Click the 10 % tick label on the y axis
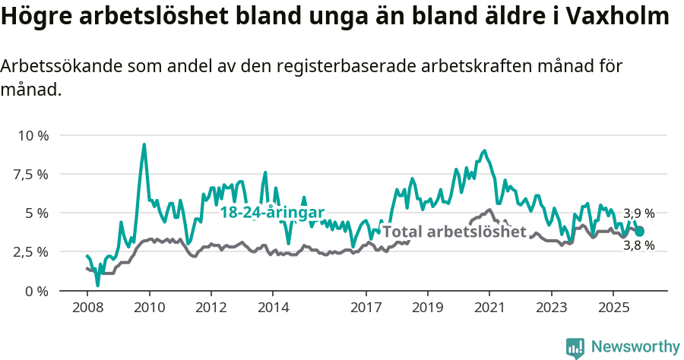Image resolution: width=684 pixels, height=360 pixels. click(33, 135)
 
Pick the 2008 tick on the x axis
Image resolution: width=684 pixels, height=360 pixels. click(87, 308)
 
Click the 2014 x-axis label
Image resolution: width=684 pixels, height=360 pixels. click(273, 308)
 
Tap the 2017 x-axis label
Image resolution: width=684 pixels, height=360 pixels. click(366, 308)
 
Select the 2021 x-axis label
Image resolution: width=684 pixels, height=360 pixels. click(489, 308)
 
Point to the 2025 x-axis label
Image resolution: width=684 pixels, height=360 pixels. click(613, 308)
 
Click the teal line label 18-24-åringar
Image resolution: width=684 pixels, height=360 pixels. click(272, 213)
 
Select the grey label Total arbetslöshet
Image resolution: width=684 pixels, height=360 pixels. click(454, 232)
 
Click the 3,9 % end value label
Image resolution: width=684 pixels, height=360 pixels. click(638, 213)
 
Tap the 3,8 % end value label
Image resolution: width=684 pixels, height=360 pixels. click(638, 245)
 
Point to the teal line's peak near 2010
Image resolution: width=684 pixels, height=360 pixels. click(144, 144)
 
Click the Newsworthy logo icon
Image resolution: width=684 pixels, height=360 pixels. click(575, 347)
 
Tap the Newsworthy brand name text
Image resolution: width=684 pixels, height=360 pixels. click(635, 347)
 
